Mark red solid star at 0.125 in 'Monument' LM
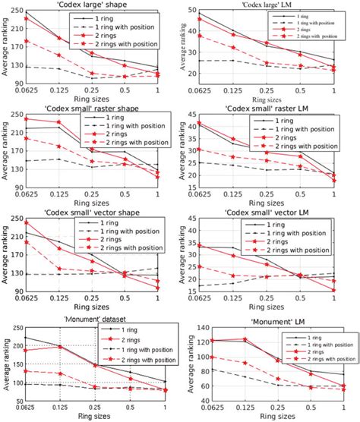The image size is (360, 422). click(x=245, y=339)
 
